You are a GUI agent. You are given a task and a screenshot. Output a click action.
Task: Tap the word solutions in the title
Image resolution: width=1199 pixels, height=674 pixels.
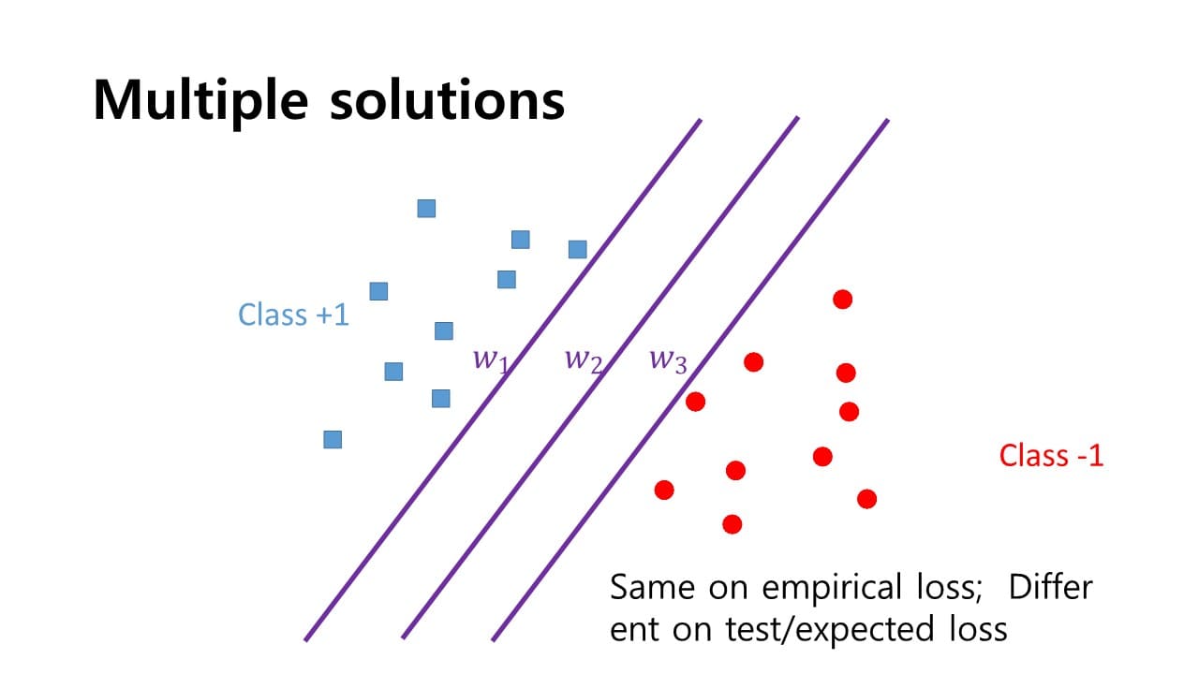(447, 98)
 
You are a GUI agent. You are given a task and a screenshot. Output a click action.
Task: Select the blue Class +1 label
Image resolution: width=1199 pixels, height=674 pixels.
(293, 315)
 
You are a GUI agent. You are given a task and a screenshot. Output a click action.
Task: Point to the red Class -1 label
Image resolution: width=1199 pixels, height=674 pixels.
(1051, 456)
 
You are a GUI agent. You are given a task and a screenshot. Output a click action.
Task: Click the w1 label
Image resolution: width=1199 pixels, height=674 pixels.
(489, 359)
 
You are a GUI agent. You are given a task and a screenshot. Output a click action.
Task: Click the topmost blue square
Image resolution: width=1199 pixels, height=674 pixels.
(426, 209)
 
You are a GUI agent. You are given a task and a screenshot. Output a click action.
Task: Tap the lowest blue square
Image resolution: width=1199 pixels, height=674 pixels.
(333, 439)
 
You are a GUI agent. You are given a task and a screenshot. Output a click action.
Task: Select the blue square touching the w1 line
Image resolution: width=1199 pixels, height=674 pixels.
(578, 249)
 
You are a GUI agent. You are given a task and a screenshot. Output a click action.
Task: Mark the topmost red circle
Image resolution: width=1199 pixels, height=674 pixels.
(842, 300)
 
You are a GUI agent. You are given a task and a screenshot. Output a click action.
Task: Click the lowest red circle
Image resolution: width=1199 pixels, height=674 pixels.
(733, 524)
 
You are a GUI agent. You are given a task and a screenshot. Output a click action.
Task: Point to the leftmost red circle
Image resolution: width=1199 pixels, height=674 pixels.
(664, 490)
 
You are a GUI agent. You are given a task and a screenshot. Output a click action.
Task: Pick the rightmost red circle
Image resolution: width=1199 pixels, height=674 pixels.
(867, 499)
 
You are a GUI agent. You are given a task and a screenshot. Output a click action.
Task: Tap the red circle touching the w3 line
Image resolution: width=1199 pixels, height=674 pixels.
(695, 402)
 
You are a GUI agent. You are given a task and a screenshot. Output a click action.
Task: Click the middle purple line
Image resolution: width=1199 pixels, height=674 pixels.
(599, 379)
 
